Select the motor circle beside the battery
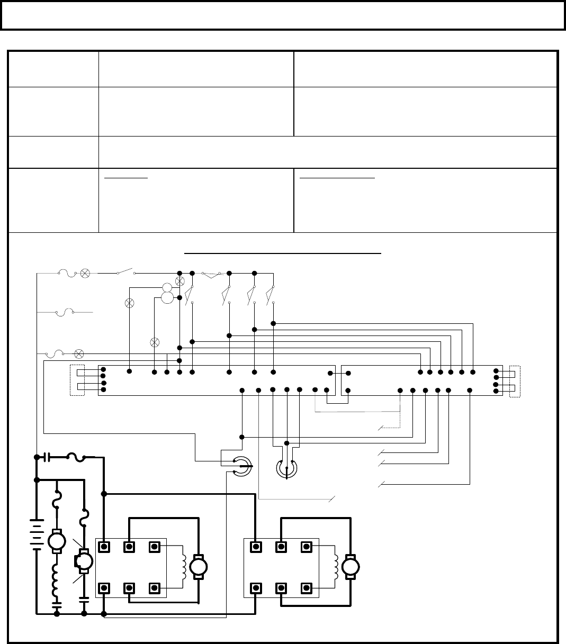[x=55, y=541]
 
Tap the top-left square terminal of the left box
[x=105, y=546]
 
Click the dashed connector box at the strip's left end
[x=77, y=379]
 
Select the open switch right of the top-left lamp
[x=125, y=273]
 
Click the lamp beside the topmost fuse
[x=85, y=273]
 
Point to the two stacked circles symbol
[x=167, y=293]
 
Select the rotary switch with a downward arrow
[x=286, y=468]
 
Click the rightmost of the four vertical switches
[x=271, y=294]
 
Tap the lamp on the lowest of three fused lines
[x=79, y=352]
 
